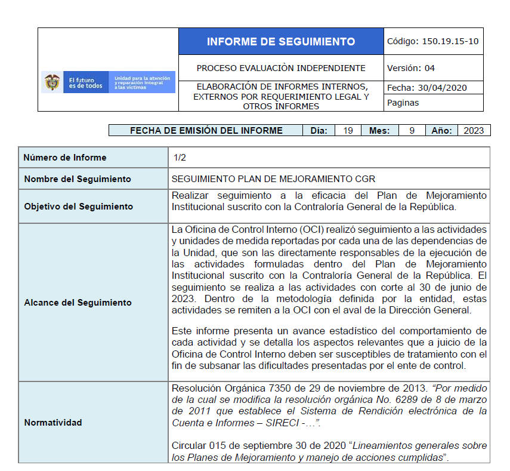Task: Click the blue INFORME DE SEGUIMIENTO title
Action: (280, 42)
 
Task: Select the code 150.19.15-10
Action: (450, 42)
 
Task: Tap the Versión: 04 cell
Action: (411, 68)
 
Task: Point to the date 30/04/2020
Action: (443, 88)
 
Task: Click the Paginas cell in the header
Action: (403, 103)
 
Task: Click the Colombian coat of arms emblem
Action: (52, 82)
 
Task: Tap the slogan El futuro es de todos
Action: (85, 82)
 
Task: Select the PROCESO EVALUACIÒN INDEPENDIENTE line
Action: (281, 68)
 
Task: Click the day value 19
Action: (348, 131)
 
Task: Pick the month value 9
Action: (412, 131)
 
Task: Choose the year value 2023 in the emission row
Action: (474, 131)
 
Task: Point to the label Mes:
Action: (379, 131)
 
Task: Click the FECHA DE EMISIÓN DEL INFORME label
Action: (206, 131)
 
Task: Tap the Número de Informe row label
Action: (65, 158)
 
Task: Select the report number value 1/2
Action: (180, 158)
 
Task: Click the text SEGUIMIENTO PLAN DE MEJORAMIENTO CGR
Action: (273, 179)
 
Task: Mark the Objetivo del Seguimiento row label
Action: (78, 207)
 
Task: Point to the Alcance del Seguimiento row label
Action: (78, 302)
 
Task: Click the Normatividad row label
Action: (53, 423)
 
